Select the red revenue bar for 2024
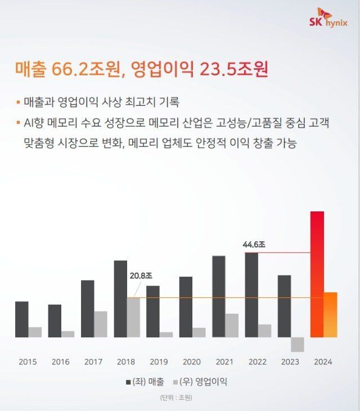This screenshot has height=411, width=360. coord(317,274)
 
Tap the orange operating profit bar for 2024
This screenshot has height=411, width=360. coord(331,314)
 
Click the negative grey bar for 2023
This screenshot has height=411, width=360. coord(298,344)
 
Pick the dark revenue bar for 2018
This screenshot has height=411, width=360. coord(120,299)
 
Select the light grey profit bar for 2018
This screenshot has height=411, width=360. coord(133,317)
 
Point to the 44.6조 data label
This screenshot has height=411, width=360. coord(254,245)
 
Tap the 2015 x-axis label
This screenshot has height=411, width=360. coord(28,362)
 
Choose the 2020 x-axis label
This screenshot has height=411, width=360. coord(192,362)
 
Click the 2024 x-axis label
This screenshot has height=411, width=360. coord(323,362)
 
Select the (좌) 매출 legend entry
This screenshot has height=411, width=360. coord(145,382)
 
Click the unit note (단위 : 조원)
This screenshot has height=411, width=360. coord(176,398)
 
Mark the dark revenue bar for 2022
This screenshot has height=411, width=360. coord(251,295)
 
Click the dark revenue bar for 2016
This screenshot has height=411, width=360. coord(55,320)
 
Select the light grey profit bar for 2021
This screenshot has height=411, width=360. coord(232,325)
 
